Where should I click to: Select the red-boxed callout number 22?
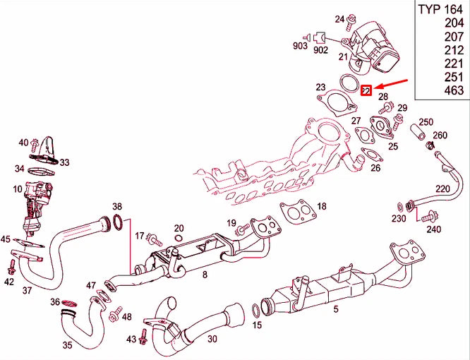point(366,91)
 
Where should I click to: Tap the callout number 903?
point(300,46)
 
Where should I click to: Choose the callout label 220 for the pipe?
point(442,188)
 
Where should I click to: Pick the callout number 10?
point(16,189)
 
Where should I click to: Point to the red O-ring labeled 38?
point(120,224)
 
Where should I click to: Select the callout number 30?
point(212,339)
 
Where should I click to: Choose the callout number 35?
point(68,346)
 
